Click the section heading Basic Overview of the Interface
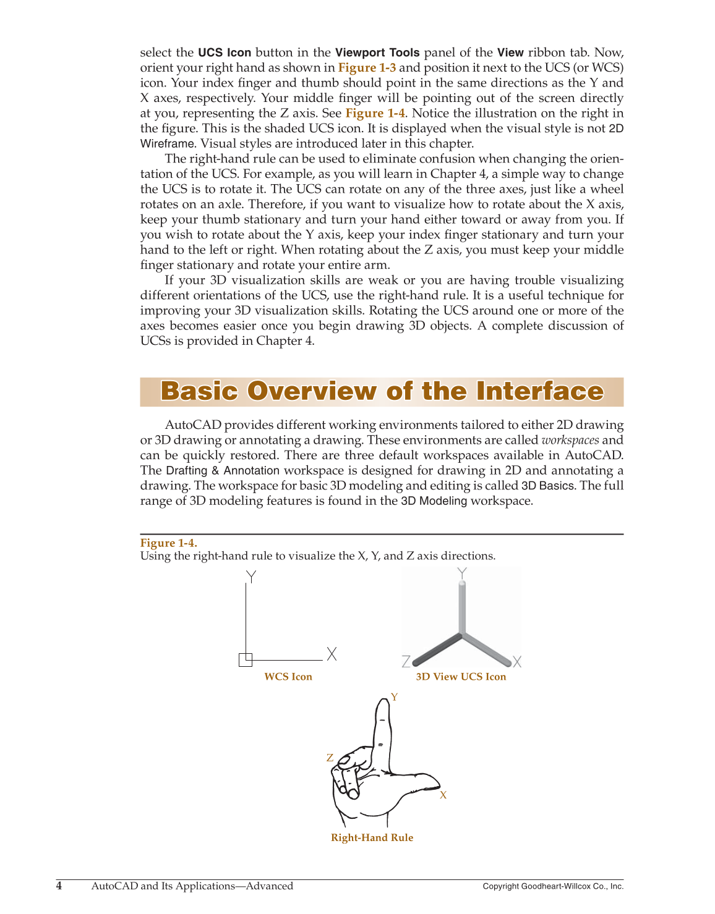pos(382,392)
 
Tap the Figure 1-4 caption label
pos(168,543)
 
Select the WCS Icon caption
pos(288,677)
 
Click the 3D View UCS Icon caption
pos(461,677)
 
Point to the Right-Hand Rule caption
pos(372,838)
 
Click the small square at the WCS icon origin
pos(246,660)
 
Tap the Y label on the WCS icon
pos(251,577)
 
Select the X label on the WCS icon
pos(332,654)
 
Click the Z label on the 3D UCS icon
pos(406,662)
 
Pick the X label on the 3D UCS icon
pos(517,662)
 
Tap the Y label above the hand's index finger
pos(395,697)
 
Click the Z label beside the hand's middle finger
pos(330,758)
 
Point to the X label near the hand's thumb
pos(443,795)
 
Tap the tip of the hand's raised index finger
pos(382,703)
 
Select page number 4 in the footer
pos(59,886)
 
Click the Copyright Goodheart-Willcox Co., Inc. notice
pos(553,886)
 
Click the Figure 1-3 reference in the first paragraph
pos(367,68)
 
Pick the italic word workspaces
pos(570,441)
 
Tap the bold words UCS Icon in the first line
pos(225,53)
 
